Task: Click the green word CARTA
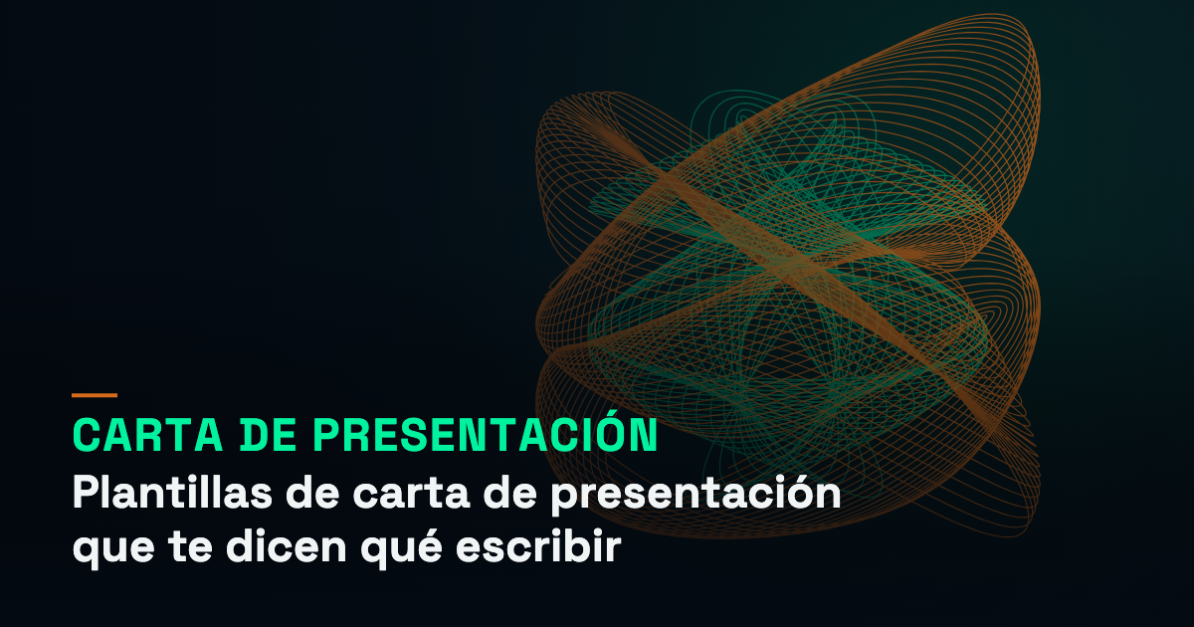click(x=147, y=435)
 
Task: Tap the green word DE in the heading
click(x=268, y=435)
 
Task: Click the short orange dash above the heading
click(x=95, y=395)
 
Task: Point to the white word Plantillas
click(x=172, y=492)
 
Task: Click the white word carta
click(x=411, y=494)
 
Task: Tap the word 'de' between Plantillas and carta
click(x=312, y=492)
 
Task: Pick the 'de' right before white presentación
click(x=510, y=492)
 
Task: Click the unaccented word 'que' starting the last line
click(x=113, y=548)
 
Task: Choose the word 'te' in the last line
click(x=190, y=546)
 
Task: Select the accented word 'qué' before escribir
click(x=401, y=547)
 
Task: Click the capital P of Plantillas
click(x=86, y=491)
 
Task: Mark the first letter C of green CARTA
click(x=87, y=435)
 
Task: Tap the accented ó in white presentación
click(x=788, y=492)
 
